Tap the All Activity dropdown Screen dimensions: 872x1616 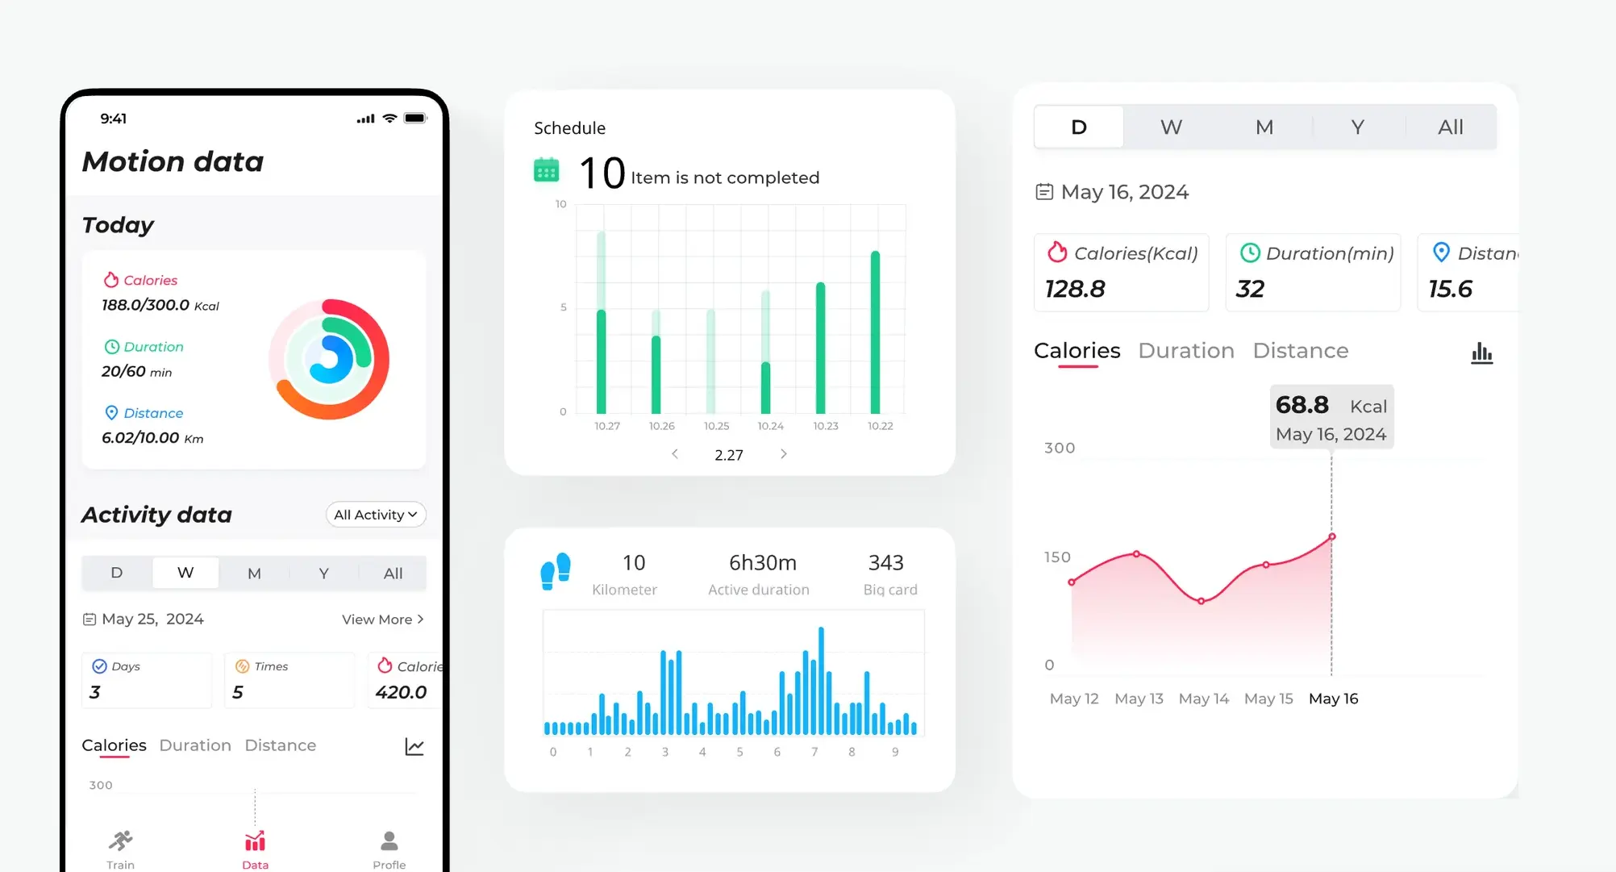376,515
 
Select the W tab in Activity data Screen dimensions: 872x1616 185,573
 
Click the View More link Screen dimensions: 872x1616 382,620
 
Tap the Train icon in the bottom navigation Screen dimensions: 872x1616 121,842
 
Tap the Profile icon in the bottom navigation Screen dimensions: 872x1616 389,842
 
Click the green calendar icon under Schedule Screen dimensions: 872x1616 547,170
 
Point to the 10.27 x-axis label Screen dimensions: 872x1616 607,426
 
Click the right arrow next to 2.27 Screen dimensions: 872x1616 784,454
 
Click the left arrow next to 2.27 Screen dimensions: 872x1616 675,454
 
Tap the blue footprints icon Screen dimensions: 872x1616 556,571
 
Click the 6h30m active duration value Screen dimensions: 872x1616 763,562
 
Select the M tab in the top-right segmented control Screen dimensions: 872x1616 1264,127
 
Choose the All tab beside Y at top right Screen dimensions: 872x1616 1450,127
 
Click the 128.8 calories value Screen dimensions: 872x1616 1076,289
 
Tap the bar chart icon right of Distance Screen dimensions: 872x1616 1481,353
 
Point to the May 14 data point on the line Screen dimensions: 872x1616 1202,601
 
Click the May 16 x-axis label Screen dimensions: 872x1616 1333,699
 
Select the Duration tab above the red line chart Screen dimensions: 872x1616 1186,351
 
